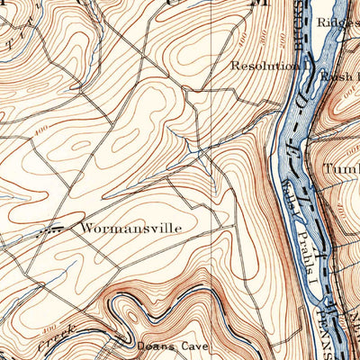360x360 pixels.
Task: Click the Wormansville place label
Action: coord(130,229)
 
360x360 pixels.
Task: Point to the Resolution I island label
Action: coord(266,66)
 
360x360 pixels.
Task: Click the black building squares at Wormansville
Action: coord(54,229)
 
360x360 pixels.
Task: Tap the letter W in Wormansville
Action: coord(86,229)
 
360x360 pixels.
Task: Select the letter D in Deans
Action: coord(141,344)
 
